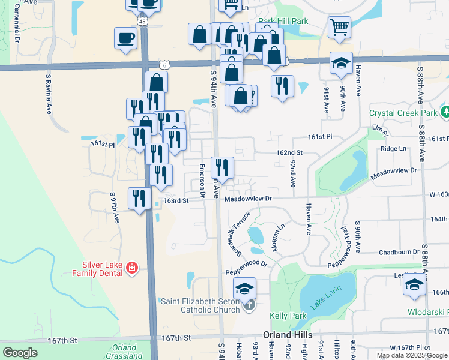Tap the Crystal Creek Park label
403,113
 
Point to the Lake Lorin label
325,297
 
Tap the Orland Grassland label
124,351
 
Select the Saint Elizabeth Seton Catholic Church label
200,305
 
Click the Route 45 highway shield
142,20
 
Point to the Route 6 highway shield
164,64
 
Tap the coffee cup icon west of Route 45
125,38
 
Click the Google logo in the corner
20,353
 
